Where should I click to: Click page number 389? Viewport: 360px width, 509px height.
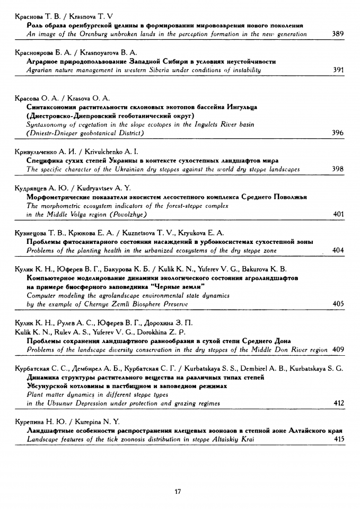(x=338, y=34)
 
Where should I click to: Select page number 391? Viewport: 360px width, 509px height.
(x=338, y=70)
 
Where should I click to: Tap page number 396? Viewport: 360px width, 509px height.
(x=338, y=133)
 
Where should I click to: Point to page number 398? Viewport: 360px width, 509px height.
(x=338, y=169)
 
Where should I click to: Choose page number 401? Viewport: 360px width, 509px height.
(x=338, y=214)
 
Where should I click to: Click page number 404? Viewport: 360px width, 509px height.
(x=338, y=250)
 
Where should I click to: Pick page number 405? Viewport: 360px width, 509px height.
(x=338, y=304)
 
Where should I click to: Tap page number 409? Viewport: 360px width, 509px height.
(x=338, y=349)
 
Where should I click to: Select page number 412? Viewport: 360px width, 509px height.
(x=338, y=403)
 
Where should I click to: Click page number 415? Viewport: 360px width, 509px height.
(x=338, y=439)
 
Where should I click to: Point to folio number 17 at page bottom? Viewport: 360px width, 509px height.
(x=178, y=492)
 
